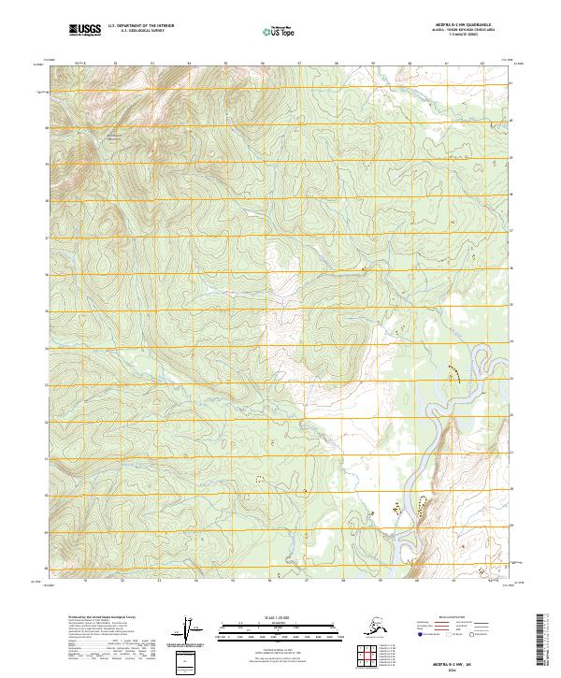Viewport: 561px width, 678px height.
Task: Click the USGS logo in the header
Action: point(85,32)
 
